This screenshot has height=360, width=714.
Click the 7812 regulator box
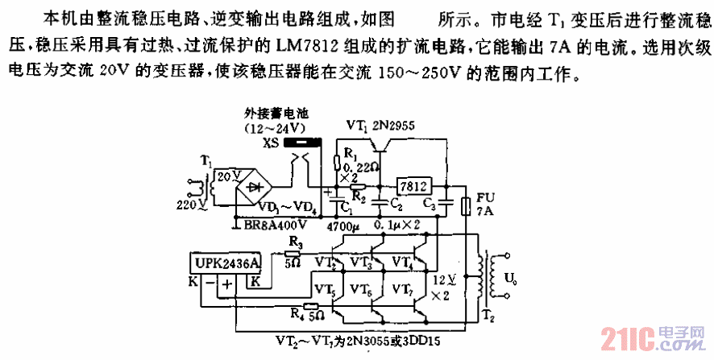click(414, 185)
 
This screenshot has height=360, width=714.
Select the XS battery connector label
click(270, 143)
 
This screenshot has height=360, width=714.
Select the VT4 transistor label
click(403, 261)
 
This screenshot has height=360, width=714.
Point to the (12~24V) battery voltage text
click(276, 128)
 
